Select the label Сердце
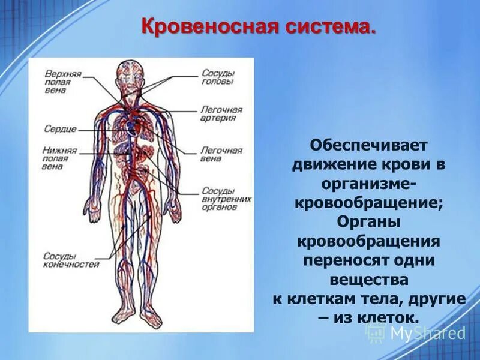(60, 129)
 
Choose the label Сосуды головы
(218, 77)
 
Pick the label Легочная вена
(221, 155)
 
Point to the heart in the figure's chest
(133, 126)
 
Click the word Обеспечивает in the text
(369, 145)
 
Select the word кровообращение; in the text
(369, 203)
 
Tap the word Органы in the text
(369, 222)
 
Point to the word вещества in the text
(369, 280)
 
